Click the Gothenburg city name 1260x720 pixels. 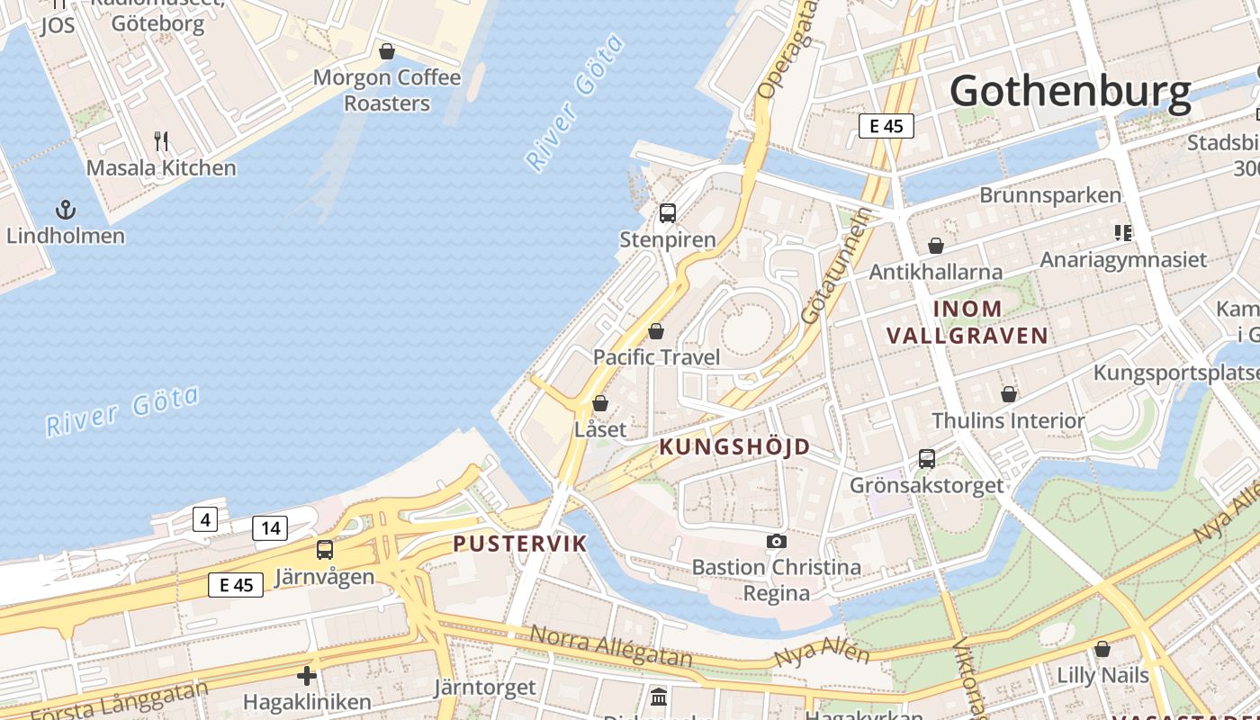click(x=1070, y=91)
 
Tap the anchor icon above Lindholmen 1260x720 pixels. click(x=65, y=211)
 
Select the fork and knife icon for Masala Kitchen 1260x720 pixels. click(x=161, y=140)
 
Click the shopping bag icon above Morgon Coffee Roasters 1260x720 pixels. click(x=387, y=51)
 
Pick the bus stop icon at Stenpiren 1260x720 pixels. click(x=668, y=213)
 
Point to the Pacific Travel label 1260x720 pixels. click(x=656, y=357)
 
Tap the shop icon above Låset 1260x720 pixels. click(x=600, y=402)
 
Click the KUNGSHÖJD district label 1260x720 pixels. click(x=734, y=446)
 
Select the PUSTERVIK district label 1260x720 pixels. click(x=519, y=544)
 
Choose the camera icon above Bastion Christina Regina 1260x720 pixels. click(x=776, y=541)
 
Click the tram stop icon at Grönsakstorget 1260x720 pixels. click(x=927, y=459)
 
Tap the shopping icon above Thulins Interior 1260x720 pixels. click(x=1009, y=394)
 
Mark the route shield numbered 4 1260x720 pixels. click(x=205, y=519)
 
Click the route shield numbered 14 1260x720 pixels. click(x=270, y=528)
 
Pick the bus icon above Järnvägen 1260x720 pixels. click(x=324, y=550)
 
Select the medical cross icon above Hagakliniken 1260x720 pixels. click(x=307, y=675)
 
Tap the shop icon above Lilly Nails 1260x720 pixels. click(x=1102, y=649)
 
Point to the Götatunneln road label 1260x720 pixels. click(x=835, y=265)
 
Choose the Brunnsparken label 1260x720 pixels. click(x=1050, y=195)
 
